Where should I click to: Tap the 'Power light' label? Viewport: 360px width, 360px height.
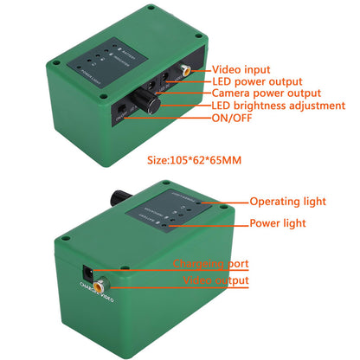pos(279,222)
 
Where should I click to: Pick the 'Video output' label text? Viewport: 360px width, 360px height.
pos(215,280)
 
